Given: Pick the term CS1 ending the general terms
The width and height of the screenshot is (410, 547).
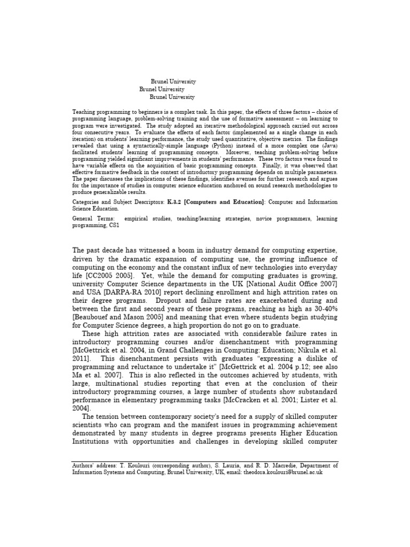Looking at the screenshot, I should tap(114, 225).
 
